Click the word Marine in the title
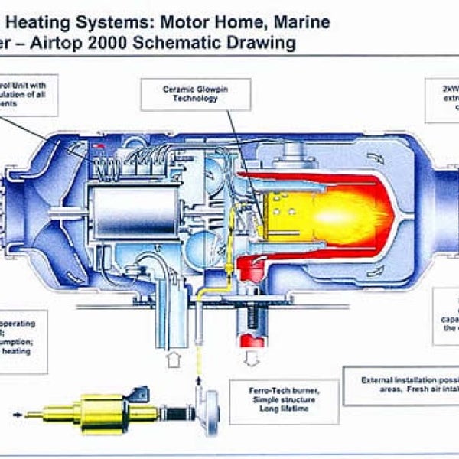301,21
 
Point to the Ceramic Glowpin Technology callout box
196,93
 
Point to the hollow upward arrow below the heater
171,360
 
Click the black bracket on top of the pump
137,393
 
